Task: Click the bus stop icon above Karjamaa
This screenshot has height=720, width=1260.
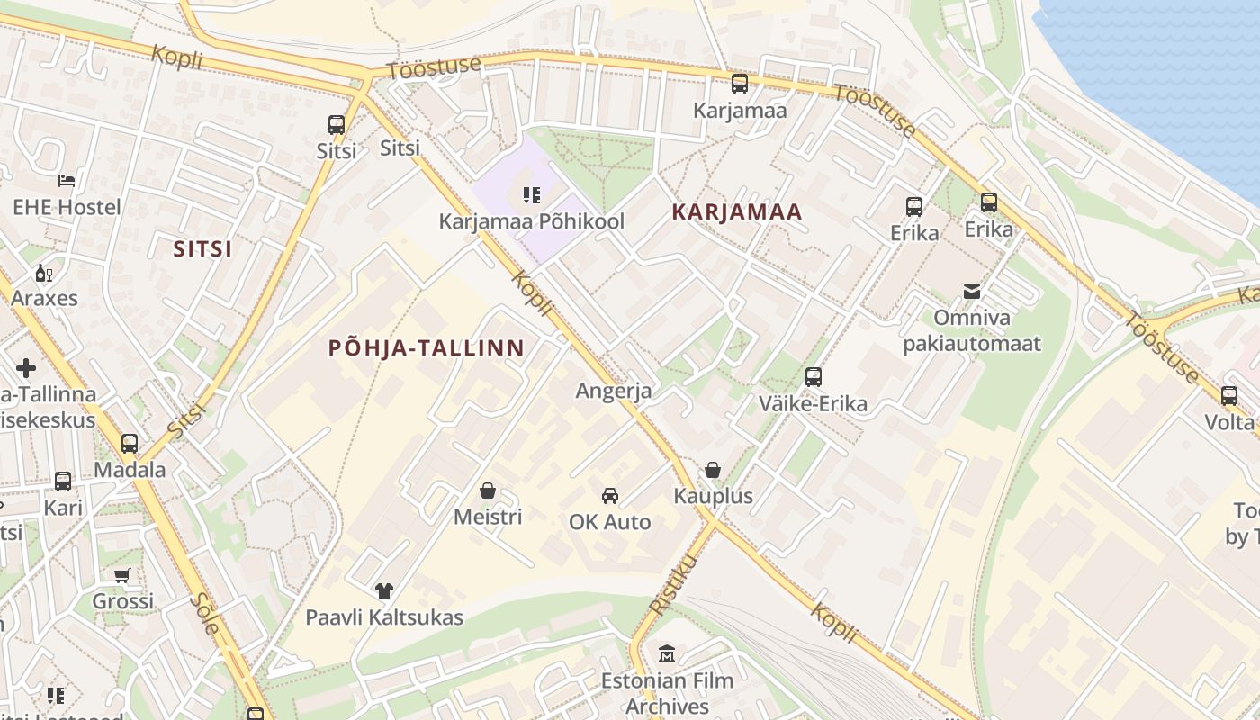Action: pos(740,84)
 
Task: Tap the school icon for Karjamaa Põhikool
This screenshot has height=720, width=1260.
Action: pos(531,194)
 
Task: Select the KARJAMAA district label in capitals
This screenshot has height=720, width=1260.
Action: pos(737,212)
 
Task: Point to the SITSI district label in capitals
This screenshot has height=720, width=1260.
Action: pos(203,249)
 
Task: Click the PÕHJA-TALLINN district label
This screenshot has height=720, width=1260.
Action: pos(427,347)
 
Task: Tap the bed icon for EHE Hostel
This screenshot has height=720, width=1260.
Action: pos(67,181)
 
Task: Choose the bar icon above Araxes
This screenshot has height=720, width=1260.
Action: pos(42,273)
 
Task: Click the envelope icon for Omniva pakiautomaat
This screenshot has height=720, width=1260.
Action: pos(972,292)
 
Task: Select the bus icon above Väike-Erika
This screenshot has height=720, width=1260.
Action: pos(814,377)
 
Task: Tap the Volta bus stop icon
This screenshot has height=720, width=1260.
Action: pos(1229,395)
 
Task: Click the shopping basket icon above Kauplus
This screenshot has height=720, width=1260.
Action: pos(713,470)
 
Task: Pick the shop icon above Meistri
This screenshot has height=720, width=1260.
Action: pos(488,490)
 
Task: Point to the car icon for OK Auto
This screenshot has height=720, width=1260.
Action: pos(610,495)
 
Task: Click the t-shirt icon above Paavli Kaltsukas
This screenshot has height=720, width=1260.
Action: pos(384,590)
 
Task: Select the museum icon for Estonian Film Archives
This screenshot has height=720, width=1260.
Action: pos(667,653)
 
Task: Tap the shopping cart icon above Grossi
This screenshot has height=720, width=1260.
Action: pos(122,575)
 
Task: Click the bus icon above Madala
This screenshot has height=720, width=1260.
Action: pos(130,443)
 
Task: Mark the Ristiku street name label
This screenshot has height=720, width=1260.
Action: pos(674,585)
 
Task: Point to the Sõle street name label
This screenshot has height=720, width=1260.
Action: pos(204,614)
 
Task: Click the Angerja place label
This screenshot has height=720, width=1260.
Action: pos(614,391)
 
